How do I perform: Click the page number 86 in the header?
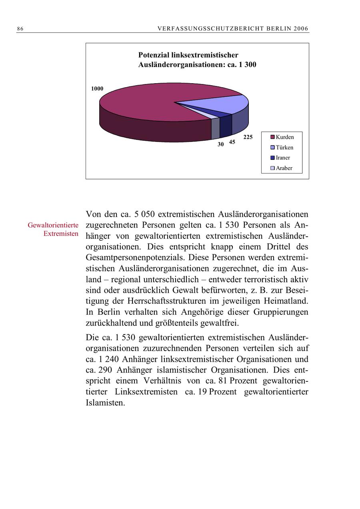(x=20, y=29)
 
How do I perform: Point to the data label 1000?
(x=97, y=89)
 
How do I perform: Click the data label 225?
(x=248, y=137)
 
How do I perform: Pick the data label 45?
(x=232, y=142)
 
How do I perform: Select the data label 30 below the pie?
(x=220, y=145)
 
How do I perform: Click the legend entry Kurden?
(x=284, y=137)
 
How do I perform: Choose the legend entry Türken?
(x=284, y=148)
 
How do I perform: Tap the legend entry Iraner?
(x=283, y=158)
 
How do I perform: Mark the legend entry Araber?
(x=284, y=168)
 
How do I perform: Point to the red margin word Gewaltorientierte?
(x=53, y=226)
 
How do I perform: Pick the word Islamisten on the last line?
(x=105, y=403)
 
